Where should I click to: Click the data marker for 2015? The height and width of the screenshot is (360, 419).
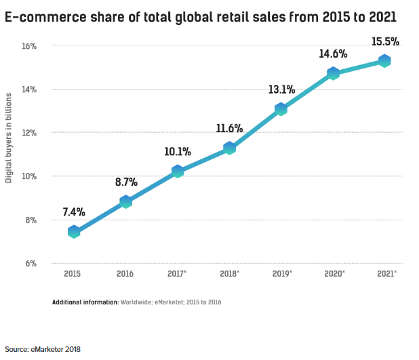[74, 232]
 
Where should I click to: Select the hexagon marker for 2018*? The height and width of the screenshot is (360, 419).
[229, 148]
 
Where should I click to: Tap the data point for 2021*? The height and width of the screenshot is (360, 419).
[384, 61]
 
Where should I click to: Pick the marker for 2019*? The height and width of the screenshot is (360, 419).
[281, 108]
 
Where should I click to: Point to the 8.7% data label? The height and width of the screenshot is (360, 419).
[126, 182]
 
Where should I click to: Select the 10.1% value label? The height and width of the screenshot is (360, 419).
[178, 151]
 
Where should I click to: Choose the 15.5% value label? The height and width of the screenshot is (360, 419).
[385, 42]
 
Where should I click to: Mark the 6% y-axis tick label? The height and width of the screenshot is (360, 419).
[31, 263]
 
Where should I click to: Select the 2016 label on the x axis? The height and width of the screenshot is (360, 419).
[125, 274]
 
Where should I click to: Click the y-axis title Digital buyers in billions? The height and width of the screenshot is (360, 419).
[9, 140]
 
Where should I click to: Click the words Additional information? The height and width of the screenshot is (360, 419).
[85, 302]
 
